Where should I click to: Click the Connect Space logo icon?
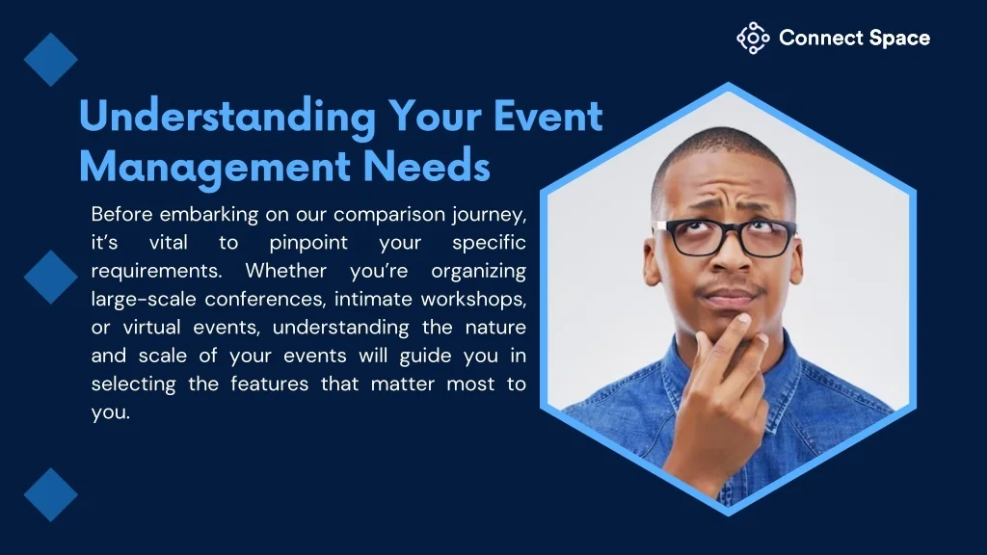click(x=753, y=39)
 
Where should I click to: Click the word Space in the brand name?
click(x=899, y=39)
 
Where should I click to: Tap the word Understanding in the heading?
click(x=227, y=117)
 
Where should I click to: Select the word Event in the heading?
click(x=547, y=116)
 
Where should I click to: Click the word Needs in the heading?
click(x=427, y=166)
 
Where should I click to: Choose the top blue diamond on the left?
click(x=51, y=60)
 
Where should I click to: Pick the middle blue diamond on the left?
click(x=51, y=277)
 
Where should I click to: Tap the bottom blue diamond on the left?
click(x=51, y=494)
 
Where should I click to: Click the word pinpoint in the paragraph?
click(x=308, y=244)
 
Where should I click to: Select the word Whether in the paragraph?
click(x=285, y=271)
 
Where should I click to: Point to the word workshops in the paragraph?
click(x=473, y=299)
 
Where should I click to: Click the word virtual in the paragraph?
click(x=151, y=328)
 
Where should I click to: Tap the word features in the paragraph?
click(x=270, y=383)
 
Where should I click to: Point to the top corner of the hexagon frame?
click(x=729, y=83)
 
